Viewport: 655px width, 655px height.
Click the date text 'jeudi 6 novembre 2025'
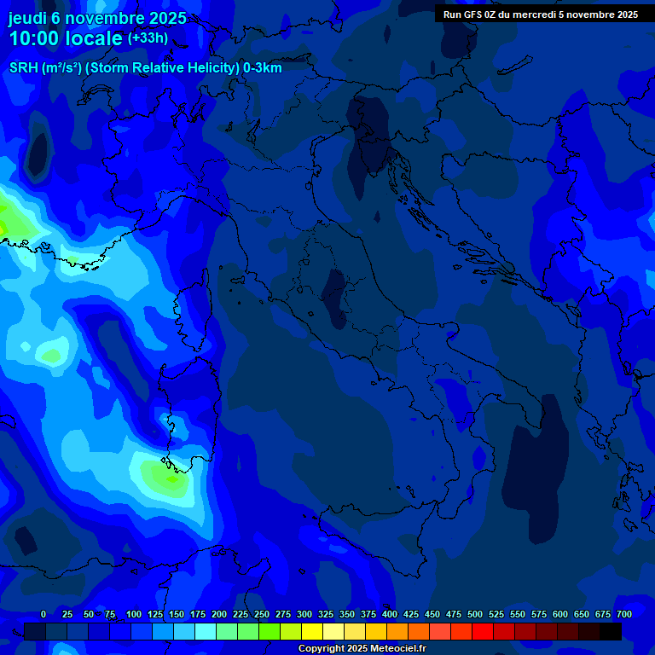[x=97, y=18]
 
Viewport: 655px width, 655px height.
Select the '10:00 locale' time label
[x=66, y=39]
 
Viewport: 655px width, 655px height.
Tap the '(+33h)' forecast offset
[x=148, y=38]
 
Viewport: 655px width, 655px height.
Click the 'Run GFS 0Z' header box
[x=541, y=14]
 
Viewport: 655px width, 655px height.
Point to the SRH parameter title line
[x=145, y=67]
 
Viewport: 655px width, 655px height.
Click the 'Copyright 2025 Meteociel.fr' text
[x=362, y=649]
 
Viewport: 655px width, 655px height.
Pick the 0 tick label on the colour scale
[x=43, y=614]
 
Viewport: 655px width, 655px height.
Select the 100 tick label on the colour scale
[x=133, y=614]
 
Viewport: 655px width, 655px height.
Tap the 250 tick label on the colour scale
[x=261, y=614]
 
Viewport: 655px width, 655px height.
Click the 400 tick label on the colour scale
[x=389, y=614]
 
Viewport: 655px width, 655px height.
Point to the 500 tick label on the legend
[x=474, y=614]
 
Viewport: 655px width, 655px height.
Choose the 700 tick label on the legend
[x=623, y=614]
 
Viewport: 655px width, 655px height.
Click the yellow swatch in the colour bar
[x=312, y=631]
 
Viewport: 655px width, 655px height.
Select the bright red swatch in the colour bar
[x=483, y=631]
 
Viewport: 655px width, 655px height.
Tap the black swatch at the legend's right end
[x=611, y=631]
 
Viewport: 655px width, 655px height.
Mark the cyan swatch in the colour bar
[x=206, y=631]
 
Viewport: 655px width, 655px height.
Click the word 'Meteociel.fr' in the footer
[x=397, y=649]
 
